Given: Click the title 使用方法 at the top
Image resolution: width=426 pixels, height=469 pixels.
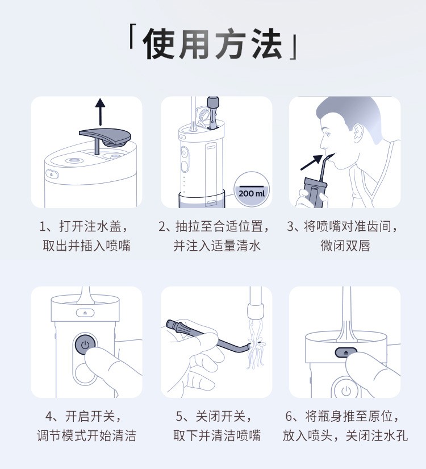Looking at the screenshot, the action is [x=212, y=44].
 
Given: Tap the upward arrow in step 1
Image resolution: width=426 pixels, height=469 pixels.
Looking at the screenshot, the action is [x=101, y=112].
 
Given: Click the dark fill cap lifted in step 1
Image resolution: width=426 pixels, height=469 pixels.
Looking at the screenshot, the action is [x=105, y=136].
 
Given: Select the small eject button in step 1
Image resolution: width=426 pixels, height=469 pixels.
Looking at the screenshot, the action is [x=52, y=174].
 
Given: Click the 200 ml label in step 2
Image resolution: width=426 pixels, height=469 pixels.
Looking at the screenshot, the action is [x=252, y=193].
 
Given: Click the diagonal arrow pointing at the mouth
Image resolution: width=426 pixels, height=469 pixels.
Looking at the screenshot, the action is [x=311, y=163].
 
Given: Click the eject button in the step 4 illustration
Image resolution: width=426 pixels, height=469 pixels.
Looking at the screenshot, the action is [x=85, y=313].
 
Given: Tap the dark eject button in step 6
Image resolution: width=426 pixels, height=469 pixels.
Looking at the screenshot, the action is [x=346, y=352].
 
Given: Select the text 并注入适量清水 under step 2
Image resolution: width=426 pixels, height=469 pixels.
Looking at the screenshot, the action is [x=217, y=246].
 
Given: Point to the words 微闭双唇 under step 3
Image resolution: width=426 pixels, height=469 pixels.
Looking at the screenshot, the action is [x=345, y=246].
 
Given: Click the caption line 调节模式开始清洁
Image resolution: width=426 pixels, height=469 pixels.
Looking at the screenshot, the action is [x=86, y=435].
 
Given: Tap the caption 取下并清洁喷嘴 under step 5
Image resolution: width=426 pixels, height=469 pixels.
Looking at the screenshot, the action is [x=217, y=435].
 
